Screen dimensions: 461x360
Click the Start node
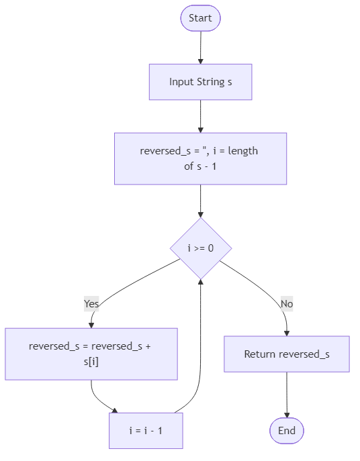pyautogui.click(x=200, y=18)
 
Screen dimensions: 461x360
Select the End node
pyautogui.click(x=287, y=431)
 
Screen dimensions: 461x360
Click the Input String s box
pyautogui.click(x=200, y=82)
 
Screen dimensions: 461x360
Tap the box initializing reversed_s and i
pyautogui.click(x=200, y=158)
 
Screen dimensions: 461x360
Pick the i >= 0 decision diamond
pyautogui.click(x=200, y=248)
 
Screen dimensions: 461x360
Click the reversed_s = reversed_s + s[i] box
pyautogui.click(x=91, y=354)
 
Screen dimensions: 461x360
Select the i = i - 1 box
pyautogui.click(x=146, y=430)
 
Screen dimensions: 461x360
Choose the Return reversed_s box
pyautogui.click(x=287, y=354)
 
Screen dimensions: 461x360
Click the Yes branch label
pyautogui.click(x=91, y=304)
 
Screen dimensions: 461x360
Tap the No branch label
pyautogui.click(x=287, y=304)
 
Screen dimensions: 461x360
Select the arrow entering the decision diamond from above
pyautogui.click(x=200, y=201)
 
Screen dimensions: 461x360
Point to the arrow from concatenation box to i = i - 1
pyautogui.click(x=97, y=399)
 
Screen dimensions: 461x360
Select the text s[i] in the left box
pyautogui.click(x=91, y=362)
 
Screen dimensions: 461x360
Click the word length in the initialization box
pyautogui.click(x=243, y=151)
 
